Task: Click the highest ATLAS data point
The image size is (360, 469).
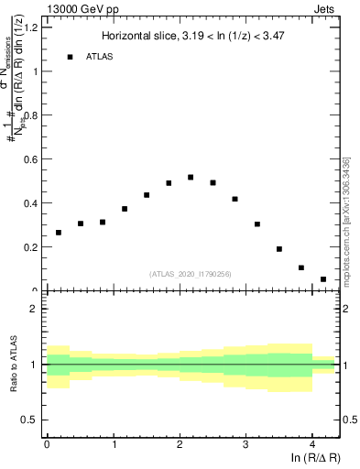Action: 191,177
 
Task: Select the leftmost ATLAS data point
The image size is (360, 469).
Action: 59,233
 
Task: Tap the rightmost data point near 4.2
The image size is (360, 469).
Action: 323,279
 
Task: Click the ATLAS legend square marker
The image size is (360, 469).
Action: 70,57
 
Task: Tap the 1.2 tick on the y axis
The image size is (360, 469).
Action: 32,27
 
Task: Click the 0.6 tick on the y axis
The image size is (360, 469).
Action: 32,159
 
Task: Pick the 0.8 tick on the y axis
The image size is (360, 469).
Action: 32,115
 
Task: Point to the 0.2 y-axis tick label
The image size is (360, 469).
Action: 32,247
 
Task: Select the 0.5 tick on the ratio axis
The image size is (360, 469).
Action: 32,420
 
